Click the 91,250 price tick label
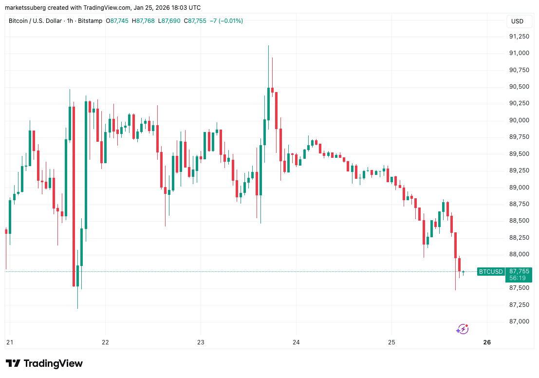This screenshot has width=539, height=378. point(519,37)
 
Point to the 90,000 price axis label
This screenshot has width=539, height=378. point(519,120)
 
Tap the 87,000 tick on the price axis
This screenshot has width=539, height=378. point(519,321)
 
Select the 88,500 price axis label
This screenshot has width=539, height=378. point(519,221)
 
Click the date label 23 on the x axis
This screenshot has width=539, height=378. point(201,342)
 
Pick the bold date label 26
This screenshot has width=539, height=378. point(487,342)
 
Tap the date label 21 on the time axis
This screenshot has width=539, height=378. point(9,342)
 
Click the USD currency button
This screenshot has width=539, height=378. point(517,21)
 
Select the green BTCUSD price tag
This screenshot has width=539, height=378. point(491,271)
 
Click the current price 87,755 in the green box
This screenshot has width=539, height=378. point(519,271)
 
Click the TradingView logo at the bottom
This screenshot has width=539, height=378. point(44,363)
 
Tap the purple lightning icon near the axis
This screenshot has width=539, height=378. point(462,329)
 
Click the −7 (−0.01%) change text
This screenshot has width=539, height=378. point(225,21)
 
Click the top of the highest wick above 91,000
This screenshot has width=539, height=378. point(268,46)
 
